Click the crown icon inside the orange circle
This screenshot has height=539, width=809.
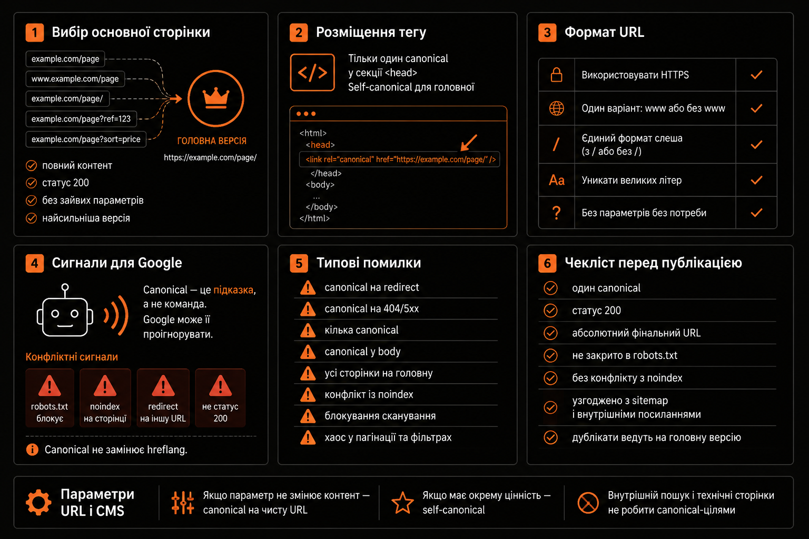pos(216,98)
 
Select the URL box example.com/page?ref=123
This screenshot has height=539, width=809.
pos(81,119)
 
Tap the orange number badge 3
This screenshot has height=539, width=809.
pos(547,33)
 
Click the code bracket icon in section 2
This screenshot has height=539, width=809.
pos(312,72)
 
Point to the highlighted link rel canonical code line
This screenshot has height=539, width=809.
pos(399,159)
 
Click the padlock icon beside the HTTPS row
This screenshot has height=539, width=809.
pos(556,75)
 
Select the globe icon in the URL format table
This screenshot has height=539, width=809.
pos(556,108)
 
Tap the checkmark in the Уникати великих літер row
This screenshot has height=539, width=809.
pos(756,180)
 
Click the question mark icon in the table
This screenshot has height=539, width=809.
pos(557,213)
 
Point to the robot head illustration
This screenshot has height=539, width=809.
pos(65,311)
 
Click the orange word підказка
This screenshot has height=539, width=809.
pos(233,290)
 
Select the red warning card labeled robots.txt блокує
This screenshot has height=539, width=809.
pos(50,398)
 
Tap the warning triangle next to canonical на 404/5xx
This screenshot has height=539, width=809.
pos(308,310)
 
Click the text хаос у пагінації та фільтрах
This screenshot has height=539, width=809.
pos(388,437)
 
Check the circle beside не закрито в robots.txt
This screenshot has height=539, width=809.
pos(550,356)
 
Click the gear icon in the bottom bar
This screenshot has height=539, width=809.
pos(38,503)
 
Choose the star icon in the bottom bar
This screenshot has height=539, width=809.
pos(402,503)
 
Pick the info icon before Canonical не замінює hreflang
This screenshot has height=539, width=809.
pos(32,450)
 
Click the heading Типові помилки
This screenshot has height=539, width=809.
pos(369,263)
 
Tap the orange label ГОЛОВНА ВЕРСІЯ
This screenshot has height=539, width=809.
pos(212,141)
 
